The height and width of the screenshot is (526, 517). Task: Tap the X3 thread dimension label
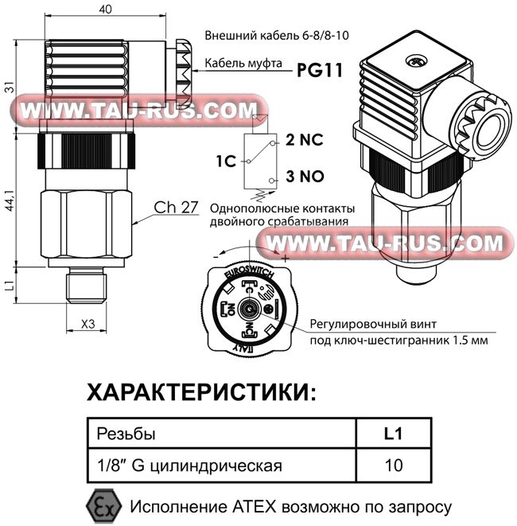87,324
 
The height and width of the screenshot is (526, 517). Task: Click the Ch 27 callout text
175,207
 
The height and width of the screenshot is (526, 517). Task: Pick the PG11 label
320,70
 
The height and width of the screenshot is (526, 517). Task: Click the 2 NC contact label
304,141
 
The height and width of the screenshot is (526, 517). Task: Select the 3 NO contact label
305,176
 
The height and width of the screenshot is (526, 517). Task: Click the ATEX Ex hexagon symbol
99,506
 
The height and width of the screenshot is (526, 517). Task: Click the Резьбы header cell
126,434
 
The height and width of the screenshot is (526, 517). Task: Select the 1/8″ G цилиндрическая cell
189,465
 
